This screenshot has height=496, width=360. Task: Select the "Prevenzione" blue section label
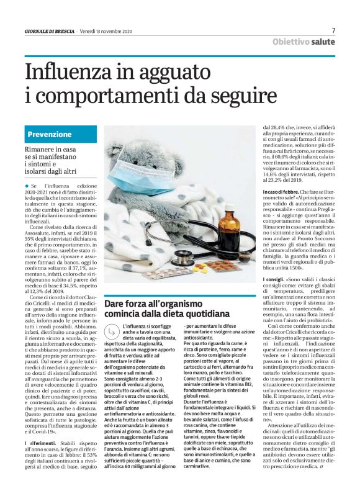point(50,134)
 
